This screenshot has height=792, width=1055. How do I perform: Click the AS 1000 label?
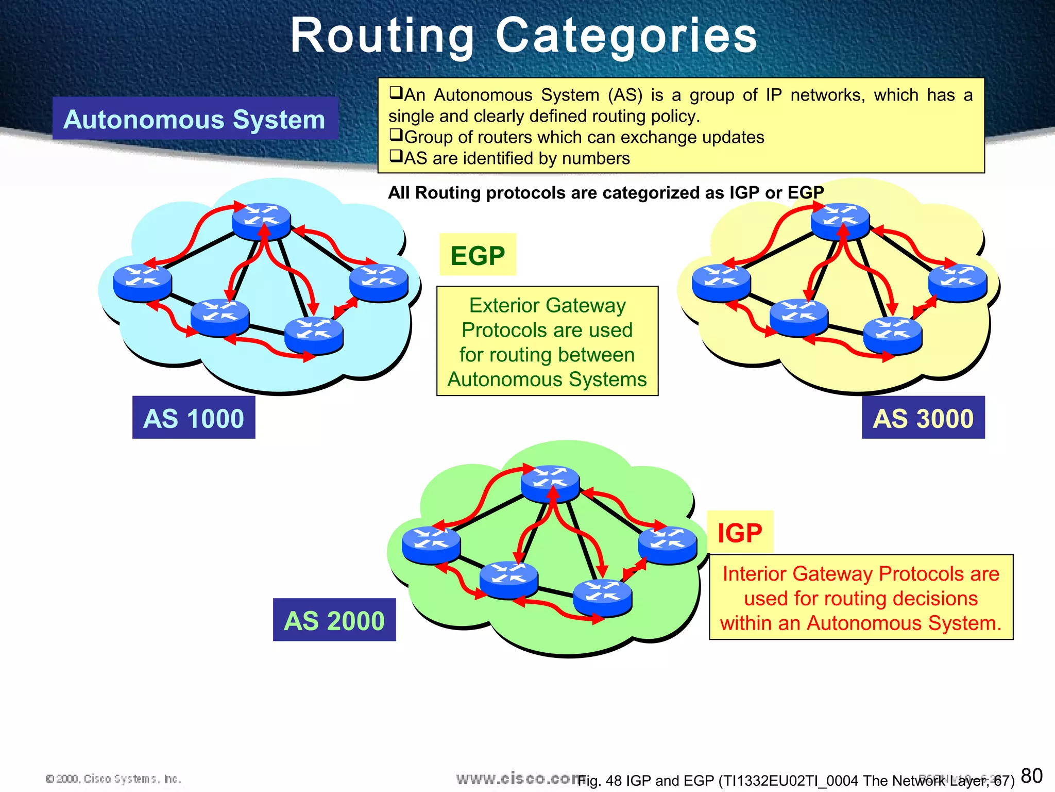coord(194,418)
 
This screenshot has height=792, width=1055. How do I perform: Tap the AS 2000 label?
coord(334,620)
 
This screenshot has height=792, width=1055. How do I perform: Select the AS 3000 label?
coord(923,418)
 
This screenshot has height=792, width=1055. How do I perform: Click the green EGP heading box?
coord(478,255)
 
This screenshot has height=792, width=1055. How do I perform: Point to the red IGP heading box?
coord(740,533)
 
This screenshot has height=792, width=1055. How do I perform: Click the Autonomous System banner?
coord(195,119)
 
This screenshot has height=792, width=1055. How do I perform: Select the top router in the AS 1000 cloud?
coord(261,221)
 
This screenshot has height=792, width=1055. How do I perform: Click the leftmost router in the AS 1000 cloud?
coord(142,282)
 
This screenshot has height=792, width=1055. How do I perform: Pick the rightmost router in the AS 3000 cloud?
coord(958,282)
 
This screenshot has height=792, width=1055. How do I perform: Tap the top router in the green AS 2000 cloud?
coord(550,483)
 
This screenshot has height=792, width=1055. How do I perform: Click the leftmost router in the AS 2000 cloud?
coord(431,544)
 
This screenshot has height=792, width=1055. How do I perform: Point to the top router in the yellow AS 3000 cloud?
coord(840,221)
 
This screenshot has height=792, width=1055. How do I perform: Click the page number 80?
coord(1031,775)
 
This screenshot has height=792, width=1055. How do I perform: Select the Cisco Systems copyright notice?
coord(113,779)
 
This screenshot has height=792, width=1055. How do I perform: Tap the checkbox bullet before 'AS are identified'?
coord(396,156)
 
